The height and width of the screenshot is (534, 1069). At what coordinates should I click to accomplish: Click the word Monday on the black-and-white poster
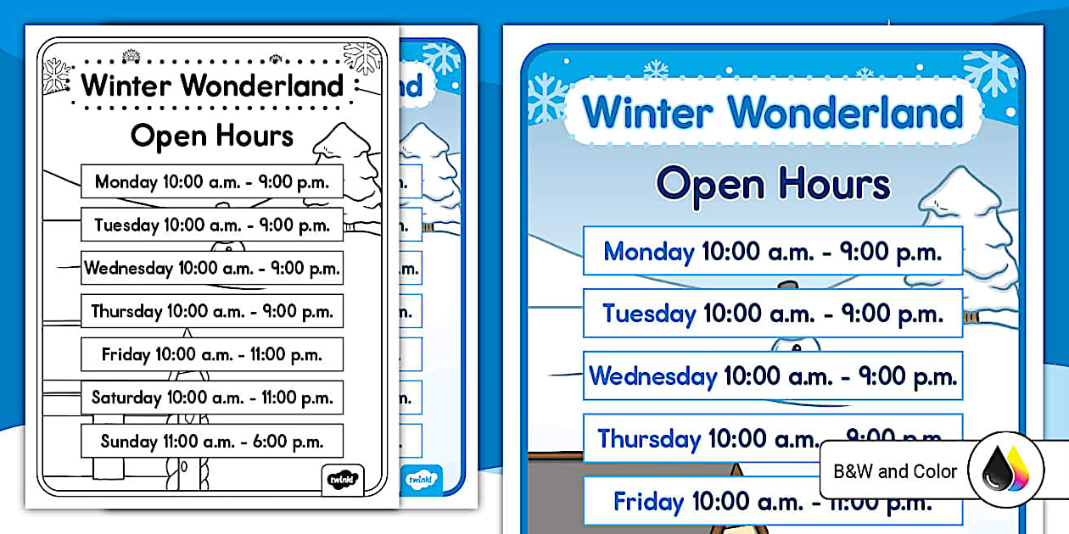pos(126,181)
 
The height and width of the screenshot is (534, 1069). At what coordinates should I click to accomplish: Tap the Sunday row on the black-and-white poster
pos(211,441)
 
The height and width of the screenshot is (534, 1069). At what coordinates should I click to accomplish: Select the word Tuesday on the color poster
pos(649,314)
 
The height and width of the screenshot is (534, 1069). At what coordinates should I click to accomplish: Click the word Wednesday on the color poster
pos(653,375)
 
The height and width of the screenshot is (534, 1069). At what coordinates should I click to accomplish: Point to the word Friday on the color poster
pos(648,501)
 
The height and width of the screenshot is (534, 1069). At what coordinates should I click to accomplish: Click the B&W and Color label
pos(895,471)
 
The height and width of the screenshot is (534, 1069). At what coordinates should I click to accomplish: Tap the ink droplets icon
pos(1007,471)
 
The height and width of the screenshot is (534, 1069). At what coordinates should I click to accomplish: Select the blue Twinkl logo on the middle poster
pos(418,480)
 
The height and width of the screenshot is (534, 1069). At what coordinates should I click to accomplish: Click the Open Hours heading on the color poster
pos(773,184)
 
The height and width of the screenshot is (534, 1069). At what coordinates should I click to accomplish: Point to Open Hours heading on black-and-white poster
pos(212,136)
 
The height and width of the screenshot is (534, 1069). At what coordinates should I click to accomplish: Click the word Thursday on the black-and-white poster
pos(126,311)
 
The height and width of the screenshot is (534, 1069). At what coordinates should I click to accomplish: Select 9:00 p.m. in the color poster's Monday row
pos(891,252)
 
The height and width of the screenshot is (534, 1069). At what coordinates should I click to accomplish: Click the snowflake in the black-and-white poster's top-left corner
pos(57,75)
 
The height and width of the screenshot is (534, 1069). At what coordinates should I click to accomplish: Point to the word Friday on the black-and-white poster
pos(126,354)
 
